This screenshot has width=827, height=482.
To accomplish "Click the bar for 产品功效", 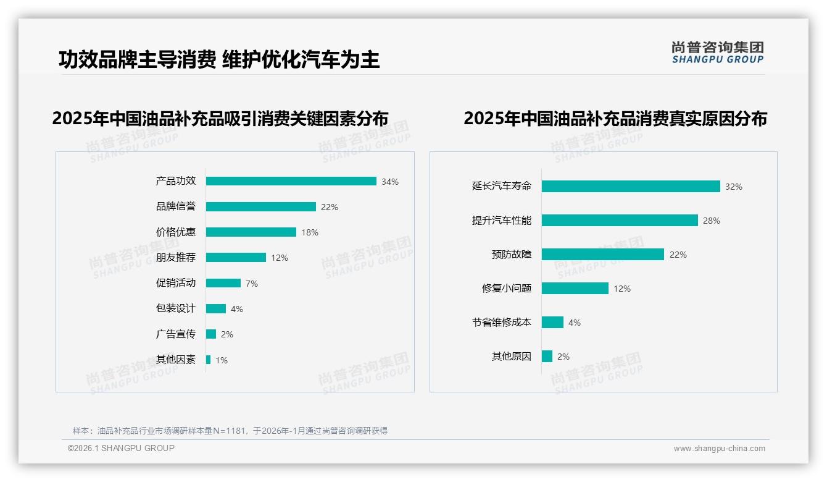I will pos(291,181).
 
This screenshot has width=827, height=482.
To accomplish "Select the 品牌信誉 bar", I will pos(260,207).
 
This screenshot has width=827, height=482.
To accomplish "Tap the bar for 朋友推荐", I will pos(236,258).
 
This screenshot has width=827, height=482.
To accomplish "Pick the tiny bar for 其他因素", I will pos(208,360).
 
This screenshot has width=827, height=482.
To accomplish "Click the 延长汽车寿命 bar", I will pos(631,186).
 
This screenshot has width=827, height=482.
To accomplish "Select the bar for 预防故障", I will pos(602,255).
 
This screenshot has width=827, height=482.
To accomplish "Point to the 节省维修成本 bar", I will pos(552,323).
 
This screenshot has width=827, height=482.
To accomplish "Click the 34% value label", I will pos(390,182).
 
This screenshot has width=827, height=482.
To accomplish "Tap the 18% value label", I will pos(310,232).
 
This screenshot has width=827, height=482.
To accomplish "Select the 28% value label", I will pos(712,221).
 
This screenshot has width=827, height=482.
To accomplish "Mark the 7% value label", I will pos(252,284).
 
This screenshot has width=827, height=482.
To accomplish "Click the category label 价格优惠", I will pos(175,232).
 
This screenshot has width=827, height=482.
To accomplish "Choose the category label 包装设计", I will pos(175,308).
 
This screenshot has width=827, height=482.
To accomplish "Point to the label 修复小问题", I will pos(506,289).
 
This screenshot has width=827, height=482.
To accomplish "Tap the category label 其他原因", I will pos(511,357).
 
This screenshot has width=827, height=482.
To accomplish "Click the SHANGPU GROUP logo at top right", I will pos(718,52).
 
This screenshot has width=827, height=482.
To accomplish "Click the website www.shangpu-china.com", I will pos(719,449).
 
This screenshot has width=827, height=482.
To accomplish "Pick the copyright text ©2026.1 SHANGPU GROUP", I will pos(121,448).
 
